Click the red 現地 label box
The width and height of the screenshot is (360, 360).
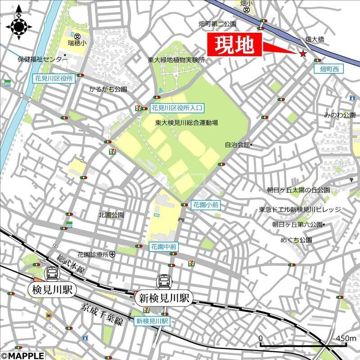234,45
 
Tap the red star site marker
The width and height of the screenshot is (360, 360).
303,54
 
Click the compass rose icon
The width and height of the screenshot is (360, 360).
19,26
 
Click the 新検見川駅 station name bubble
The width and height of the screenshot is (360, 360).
164,297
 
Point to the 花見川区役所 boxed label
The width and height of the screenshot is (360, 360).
54,78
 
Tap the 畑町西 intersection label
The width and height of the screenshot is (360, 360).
328,69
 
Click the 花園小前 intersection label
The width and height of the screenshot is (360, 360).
206,204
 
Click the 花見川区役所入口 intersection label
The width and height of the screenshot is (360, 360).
177,108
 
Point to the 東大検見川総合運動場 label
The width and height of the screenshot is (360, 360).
187,122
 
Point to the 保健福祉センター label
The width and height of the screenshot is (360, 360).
43,59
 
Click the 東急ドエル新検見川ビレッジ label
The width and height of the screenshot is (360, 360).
300,210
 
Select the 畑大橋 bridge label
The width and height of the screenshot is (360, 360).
321,39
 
